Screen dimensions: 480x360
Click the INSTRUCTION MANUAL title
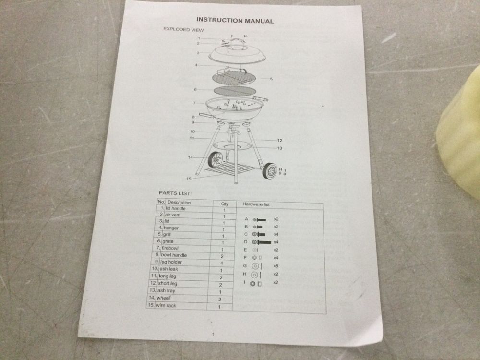[235, 21]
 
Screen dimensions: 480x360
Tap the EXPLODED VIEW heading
[183, 29]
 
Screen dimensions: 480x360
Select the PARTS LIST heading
[175, 193]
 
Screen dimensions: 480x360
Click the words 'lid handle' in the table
[175, 208]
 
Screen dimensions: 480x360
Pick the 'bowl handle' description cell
[174, 255]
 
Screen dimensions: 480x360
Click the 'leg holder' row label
[171, 262]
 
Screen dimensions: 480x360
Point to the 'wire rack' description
[166, 305]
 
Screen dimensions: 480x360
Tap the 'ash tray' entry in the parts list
[166, 290]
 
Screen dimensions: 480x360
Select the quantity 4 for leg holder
[222, 263]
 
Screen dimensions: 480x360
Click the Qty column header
[225, 204]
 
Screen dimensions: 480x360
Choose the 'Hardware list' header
[256, 204]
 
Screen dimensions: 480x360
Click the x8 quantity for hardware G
[276, 266]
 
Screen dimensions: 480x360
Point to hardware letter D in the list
[245, 242]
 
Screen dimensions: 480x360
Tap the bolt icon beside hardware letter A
[259, 220]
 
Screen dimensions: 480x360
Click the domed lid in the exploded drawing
[237, 55]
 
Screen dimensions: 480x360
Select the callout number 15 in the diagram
[189, 179]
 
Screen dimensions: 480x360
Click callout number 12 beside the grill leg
[279, 141]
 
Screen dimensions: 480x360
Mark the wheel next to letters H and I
[269, 171]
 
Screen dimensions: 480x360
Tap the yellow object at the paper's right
[459, 132]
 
